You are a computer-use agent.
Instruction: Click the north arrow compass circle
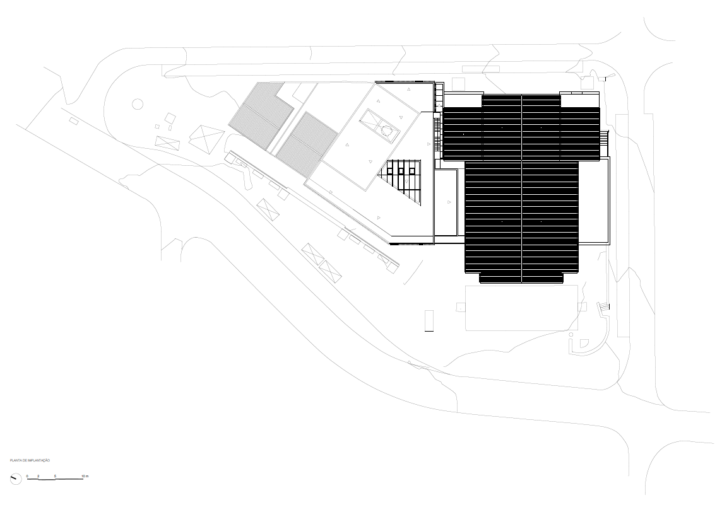point(16,479)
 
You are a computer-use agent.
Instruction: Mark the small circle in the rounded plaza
point(137,103)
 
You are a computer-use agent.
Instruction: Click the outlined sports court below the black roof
point(521,308)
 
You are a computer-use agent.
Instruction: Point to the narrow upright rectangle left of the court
point(429,320)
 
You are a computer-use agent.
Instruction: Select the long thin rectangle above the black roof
point(480,68)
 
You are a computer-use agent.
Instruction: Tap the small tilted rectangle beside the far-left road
point(73,120)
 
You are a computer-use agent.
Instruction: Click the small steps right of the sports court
point(603,307)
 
